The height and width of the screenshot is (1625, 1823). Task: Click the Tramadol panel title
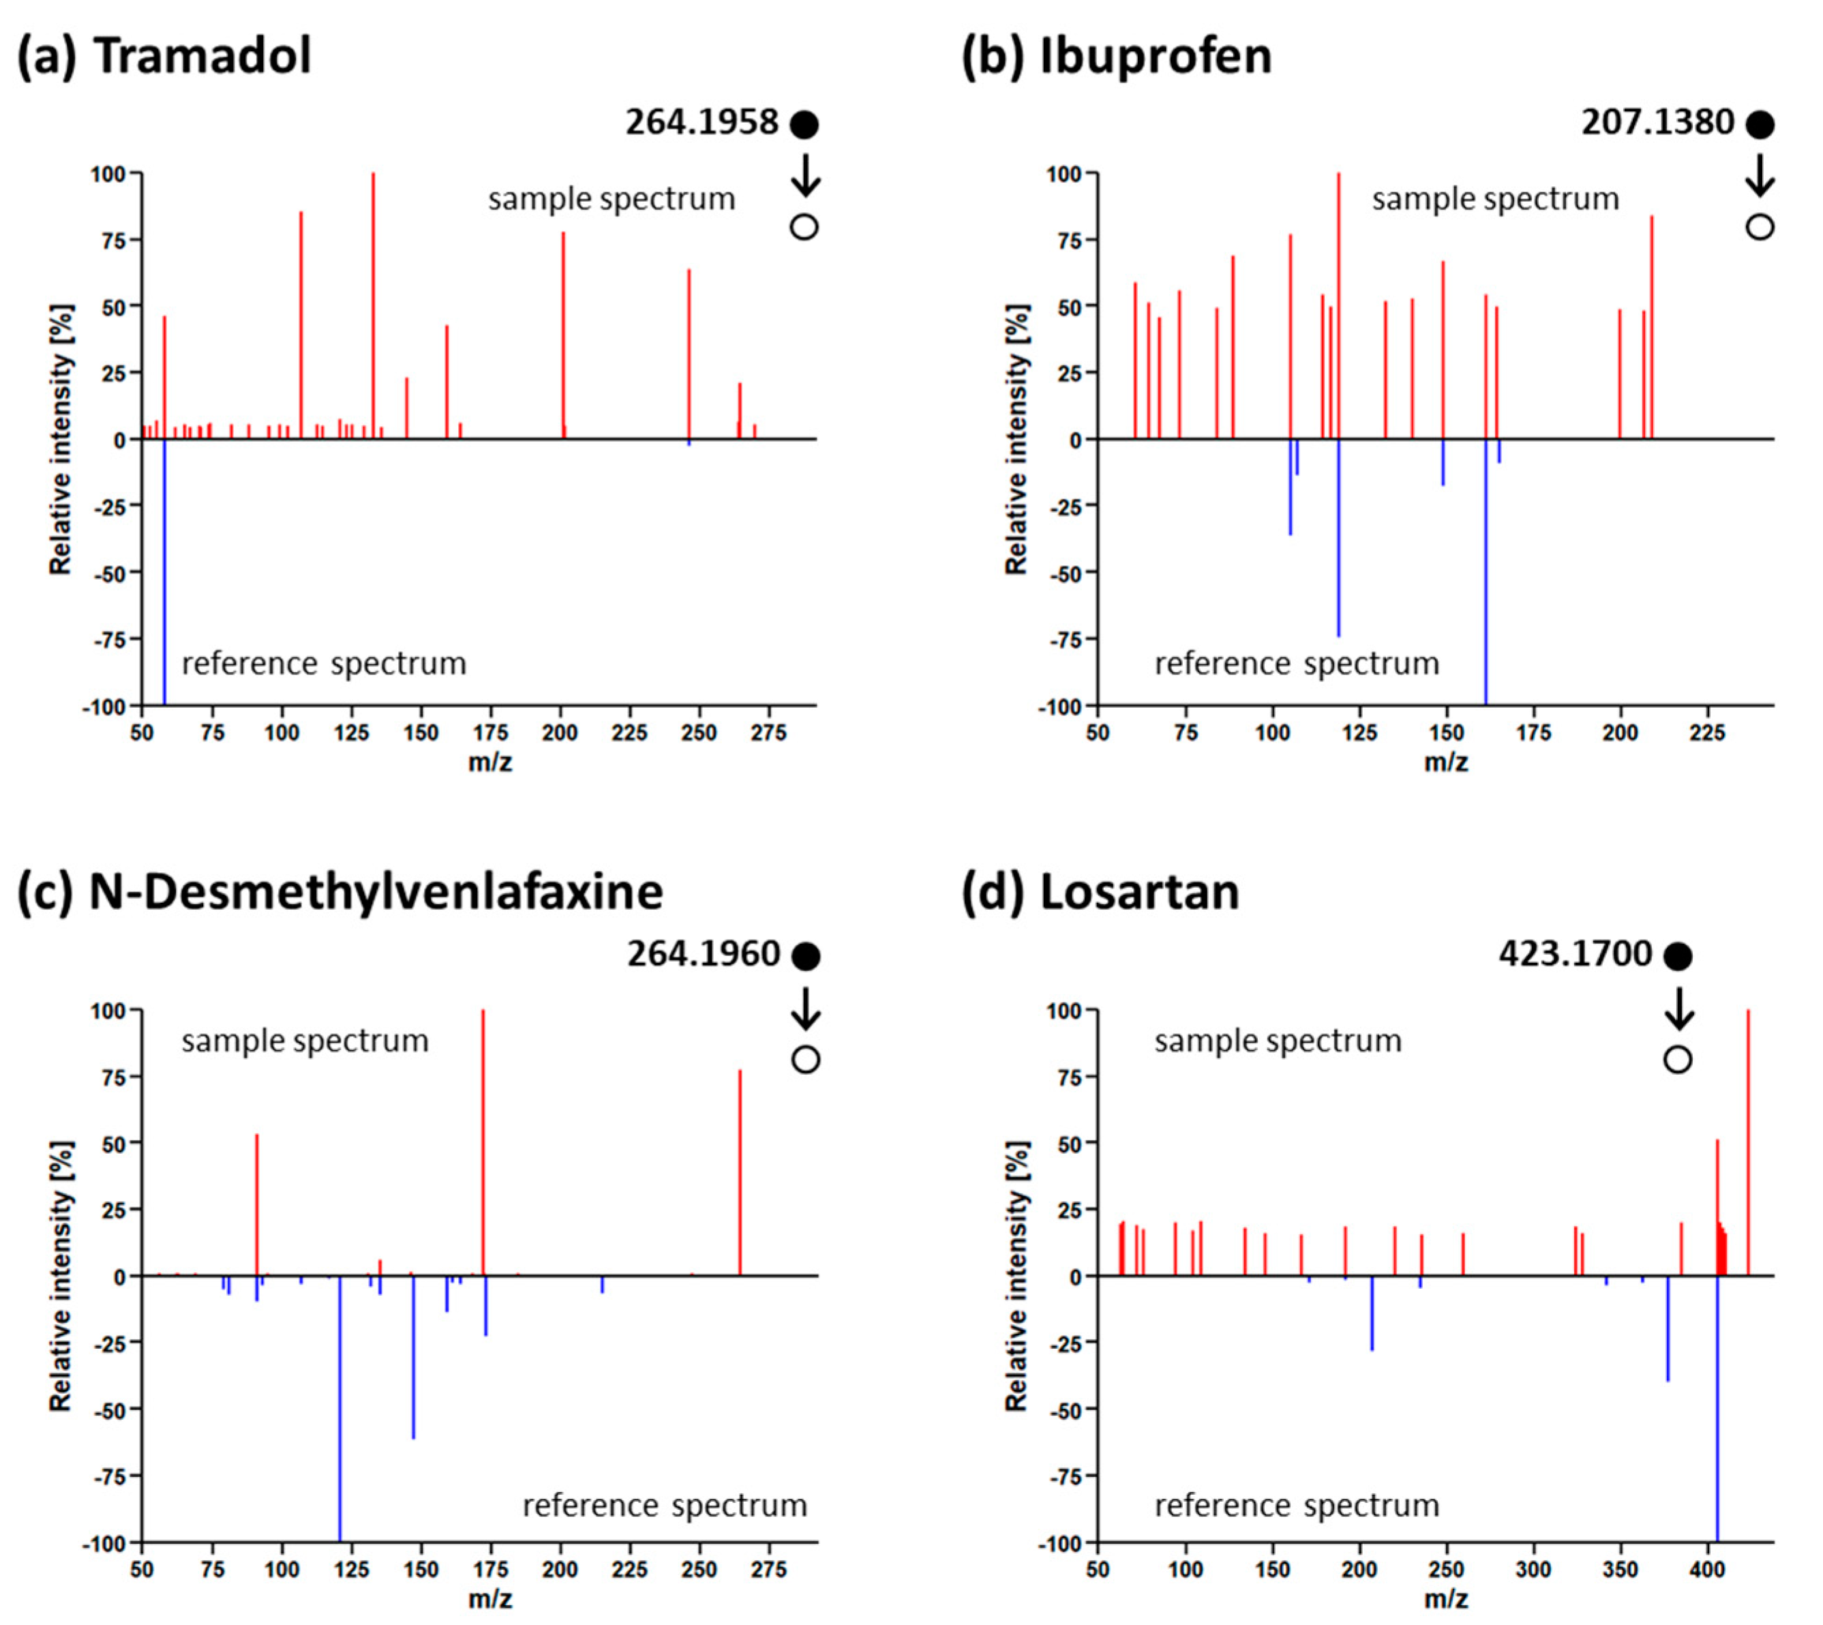tap(165, 55)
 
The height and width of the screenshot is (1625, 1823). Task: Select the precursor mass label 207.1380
tap(1657, 122)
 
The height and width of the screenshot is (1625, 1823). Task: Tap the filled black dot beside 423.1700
tap(1678, 956)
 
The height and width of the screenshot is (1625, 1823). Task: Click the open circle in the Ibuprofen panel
tap(1760, 227)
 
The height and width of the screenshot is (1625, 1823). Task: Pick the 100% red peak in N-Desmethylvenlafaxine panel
tap(483, 1143)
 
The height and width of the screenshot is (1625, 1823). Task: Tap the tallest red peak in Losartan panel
tap(1747, 1143)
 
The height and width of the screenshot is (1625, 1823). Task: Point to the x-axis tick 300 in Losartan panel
tap(1533, 1570)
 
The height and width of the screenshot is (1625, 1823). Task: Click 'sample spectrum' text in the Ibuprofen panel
tap(1495, 198)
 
